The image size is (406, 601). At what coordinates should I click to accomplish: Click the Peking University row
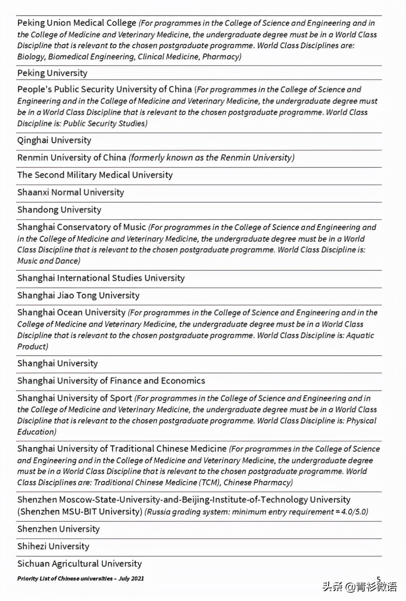point(52,73)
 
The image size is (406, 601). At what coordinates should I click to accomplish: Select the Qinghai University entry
point(54,140)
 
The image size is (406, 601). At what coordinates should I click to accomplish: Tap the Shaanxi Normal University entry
point(70,192)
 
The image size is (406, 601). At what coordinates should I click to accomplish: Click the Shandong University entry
point(59,210)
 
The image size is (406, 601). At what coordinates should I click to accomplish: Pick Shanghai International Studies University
point(101,278)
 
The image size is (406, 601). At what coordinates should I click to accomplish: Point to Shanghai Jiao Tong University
point(78,296)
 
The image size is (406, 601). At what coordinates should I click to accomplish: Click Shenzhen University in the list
point(58,529)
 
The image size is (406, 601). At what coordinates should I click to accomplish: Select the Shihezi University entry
point(53,546)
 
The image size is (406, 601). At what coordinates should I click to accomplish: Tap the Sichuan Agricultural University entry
point(79,564)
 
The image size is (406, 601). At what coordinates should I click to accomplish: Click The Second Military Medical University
point(95,175)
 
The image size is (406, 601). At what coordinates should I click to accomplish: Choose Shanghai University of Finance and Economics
point(111,381)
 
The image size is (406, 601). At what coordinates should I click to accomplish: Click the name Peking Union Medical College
point(77,23)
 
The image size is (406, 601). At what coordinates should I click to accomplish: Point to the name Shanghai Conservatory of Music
point(81,227)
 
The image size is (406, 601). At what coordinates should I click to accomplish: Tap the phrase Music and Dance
point(48,261)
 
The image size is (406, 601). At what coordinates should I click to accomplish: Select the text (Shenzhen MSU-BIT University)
point(80,512)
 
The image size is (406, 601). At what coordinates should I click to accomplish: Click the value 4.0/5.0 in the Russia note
point(353,512)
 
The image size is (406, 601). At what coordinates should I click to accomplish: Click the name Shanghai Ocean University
point(71,313)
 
